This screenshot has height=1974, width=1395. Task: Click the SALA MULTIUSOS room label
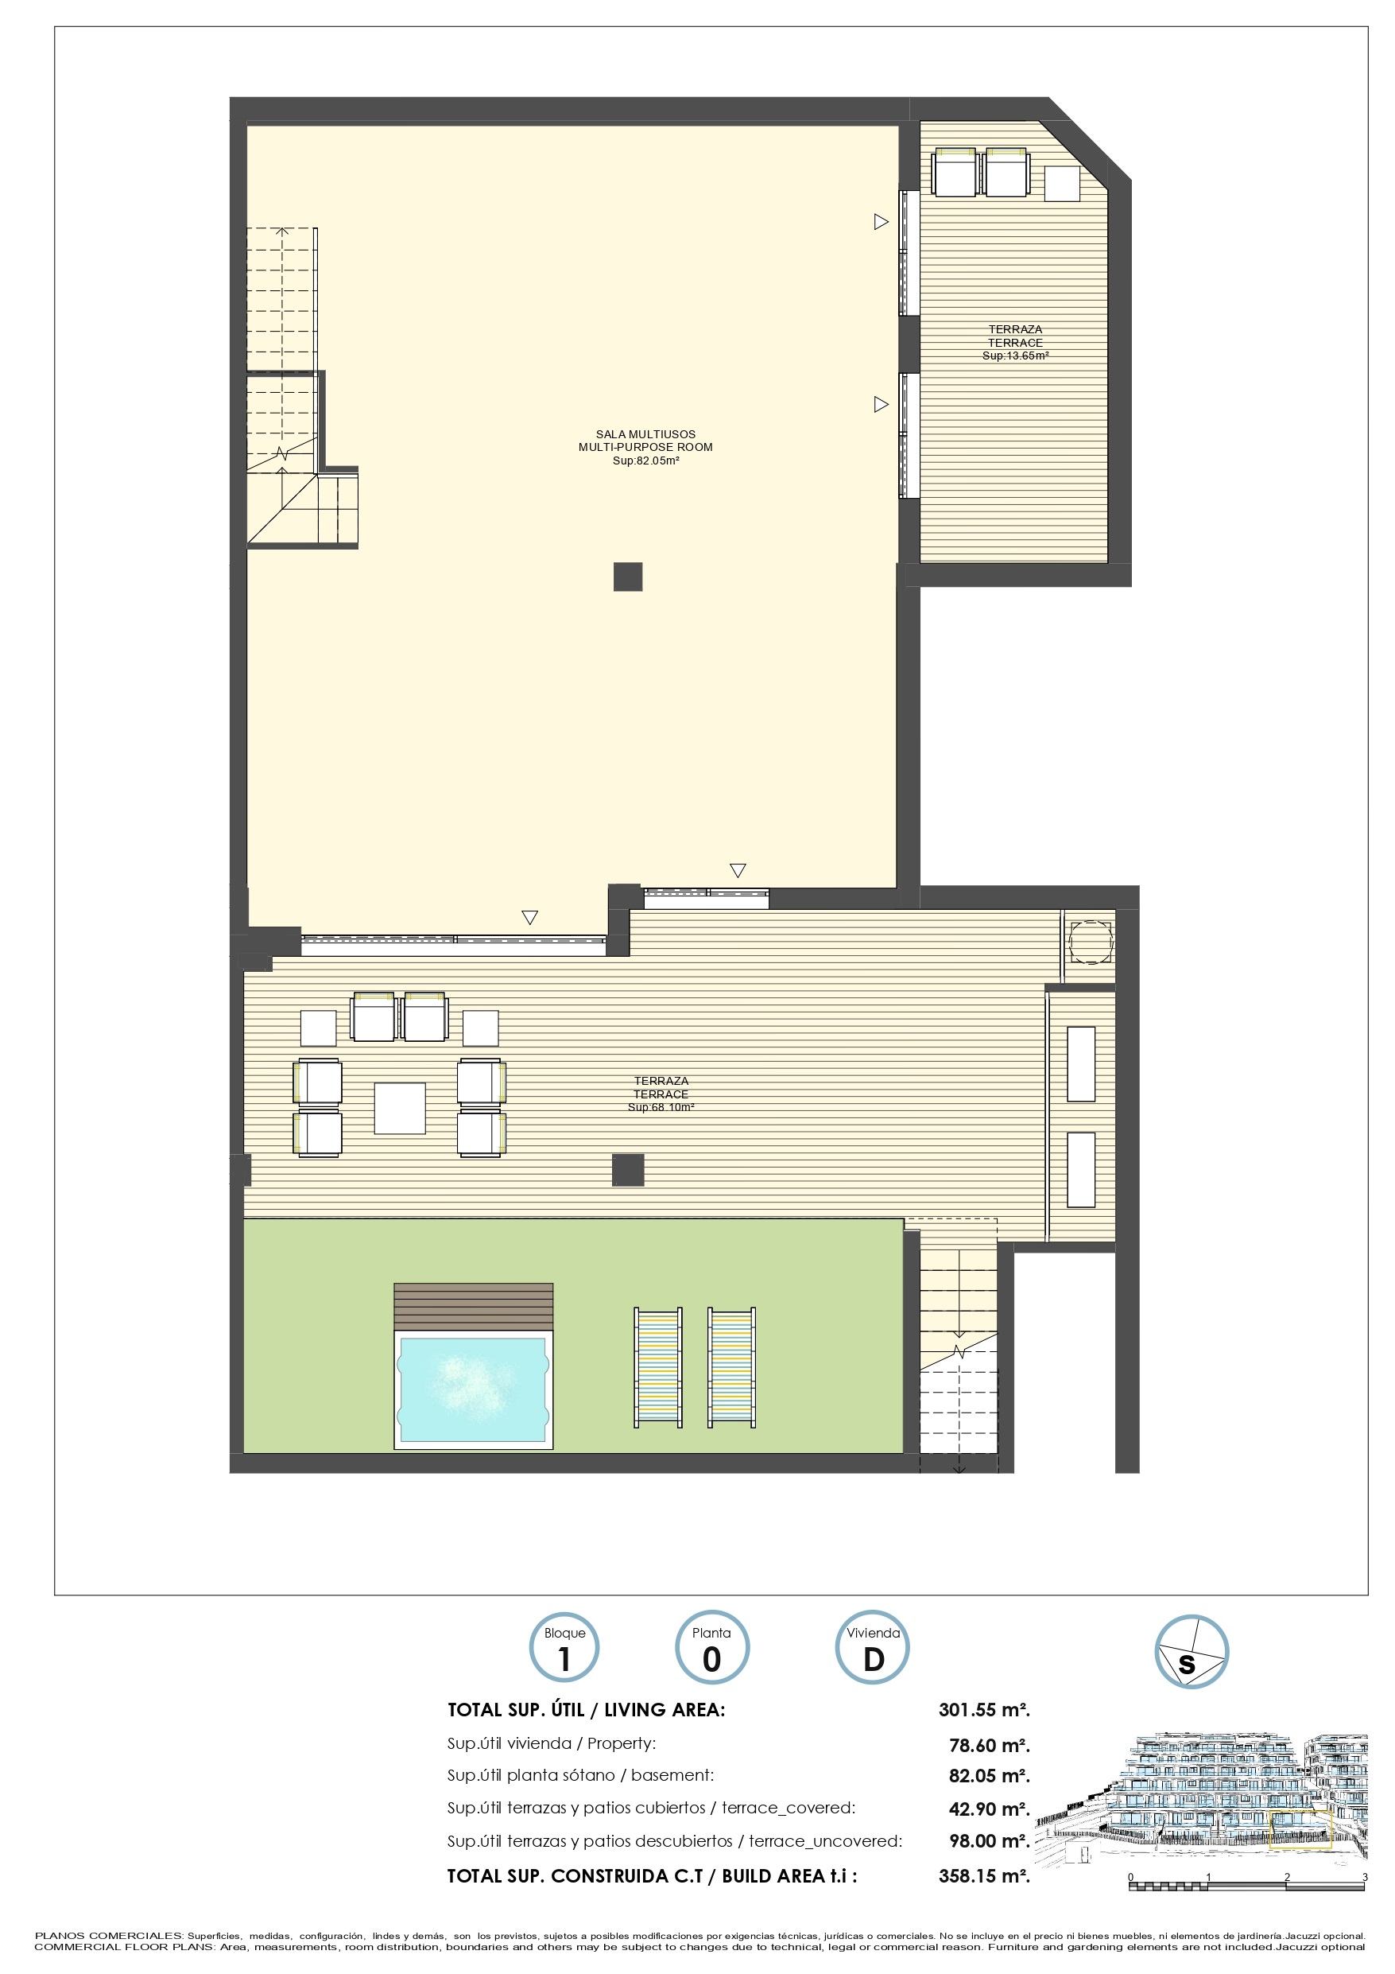(x=645, y=434)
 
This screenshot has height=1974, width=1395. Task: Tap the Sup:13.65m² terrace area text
(x=1015, y=356)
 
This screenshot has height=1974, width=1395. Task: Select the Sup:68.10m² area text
(x=661, y=1107)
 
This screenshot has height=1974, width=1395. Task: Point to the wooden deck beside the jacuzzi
(x=474, y=1307)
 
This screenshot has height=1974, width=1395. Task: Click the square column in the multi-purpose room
(x=628, y=576)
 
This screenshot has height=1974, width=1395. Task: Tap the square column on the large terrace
(x=628, y=1170)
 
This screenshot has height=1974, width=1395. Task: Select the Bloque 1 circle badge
(x=564, y=1647)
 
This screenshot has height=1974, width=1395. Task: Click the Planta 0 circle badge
(x=711, y=1647)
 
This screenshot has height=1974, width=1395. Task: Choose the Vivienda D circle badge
(x=873, y=1647)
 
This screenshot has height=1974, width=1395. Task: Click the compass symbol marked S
(x=1192, y=1652)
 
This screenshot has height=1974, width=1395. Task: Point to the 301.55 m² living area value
(x=984, y=1710)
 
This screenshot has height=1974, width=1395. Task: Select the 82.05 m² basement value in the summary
(x=990, y=1776)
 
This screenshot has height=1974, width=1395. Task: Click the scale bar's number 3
(x=1365, y=1877)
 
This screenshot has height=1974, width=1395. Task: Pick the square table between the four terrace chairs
(x=400, y=1108)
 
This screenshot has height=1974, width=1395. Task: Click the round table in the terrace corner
(x=1091, y=942)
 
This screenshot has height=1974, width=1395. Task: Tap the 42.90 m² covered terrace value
(x=990, y=1809)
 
